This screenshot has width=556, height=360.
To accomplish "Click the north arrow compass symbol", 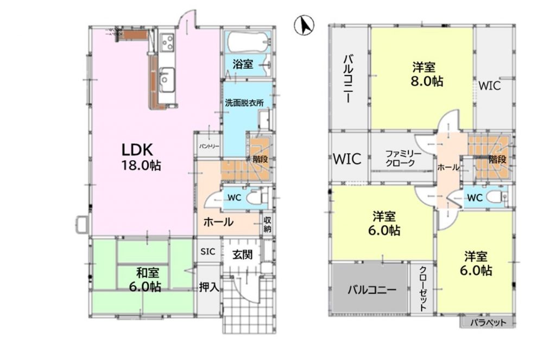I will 304,25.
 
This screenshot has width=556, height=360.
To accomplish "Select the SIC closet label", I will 208,252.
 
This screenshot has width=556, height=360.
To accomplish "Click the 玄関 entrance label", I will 242,254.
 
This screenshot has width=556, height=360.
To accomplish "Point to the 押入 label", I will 208,287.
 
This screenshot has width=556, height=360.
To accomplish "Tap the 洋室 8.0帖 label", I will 424,74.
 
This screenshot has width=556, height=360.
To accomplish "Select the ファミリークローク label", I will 401,158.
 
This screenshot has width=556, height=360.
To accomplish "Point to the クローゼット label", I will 422,288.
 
